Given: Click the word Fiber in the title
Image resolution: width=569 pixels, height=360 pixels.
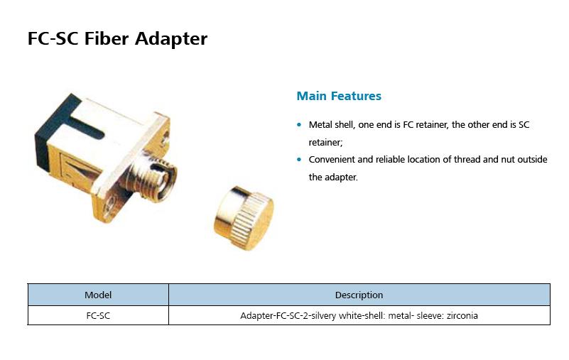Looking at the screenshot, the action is (x=107, y=38).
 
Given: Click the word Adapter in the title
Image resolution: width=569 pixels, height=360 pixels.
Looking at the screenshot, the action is (x=171, y=39).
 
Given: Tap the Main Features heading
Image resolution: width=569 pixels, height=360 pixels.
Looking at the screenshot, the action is (x=339, y=96).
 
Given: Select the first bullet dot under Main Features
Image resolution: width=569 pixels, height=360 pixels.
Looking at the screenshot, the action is (x=299, y=125).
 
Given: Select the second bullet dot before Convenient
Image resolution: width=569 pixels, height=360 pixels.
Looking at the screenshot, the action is (x=299, y=159).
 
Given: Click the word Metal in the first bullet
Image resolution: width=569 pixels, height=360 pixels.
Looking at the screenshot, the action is (x=320, y=124).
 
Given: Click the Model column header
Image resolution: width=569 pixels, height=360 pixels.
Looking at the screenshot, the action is (x=98, y=295).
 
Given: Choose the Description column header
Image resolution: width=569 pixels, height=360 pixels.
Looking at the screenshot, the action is (x=359, y=295).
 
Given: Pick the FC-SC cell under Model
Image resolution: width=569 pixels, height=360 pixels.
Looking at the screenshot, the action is (x=98, y=315).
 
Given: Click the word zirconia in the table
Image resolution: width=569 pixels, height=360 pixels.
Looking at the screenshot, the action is (x=462, y=315).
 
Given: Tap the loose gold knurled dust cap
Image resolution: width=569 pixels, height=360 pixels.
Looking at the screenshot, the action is (x=244, y=218).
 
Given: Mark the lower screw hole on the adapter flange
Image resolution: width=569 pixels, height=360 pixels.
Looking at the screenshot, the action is (x=109, y=206).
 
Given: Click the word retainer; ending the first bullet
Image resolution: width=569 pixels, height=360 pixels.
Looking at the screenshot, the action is (x=325, y=142).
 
